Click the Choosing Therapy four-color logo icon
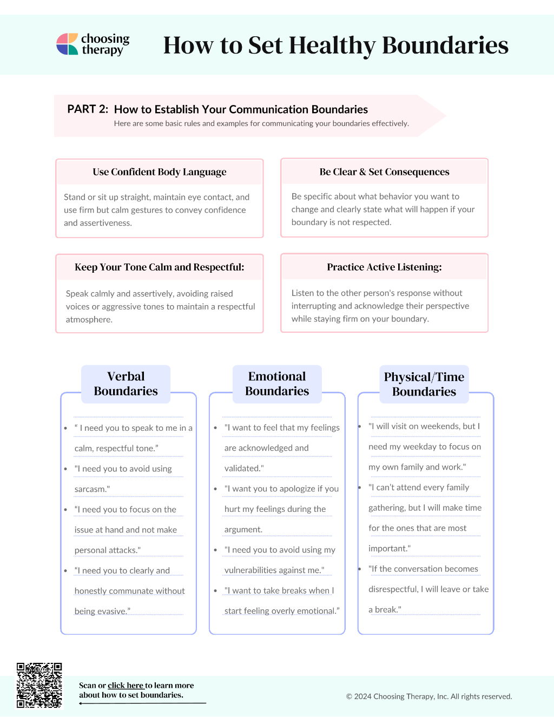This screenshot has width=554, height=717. pos(67,44)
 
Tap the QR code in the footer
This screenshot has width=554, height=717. pos(39,685)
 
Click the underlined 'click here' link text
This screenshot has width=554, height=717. pos(126,685)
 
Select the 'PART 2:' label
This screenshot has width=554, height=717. pos(88,109)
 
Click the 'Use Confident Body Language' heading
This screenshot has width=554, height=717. pos(160,172)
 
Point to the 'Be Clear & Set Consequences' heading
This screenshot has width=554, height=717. pos(384,172)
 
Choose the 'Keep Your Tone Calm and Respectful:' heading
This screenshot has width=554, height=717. pos(160,267)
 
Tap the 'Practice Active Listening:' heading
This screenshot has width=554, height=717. pos(384,267)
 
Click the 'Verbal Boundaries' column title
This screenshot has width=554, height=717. pos(126,384)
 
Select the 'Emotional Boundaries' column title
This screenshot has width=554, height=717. pos(277,384)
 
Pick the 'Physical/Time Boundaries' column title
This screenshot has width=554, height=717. pos(424,384)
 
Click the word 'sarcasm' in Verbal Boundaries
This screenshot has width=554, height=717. pos(91,489)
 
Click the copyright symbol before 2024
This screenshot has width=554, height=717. pos(349,696)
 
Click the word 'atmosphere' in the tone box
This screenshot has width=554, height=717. pos(89,320)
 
